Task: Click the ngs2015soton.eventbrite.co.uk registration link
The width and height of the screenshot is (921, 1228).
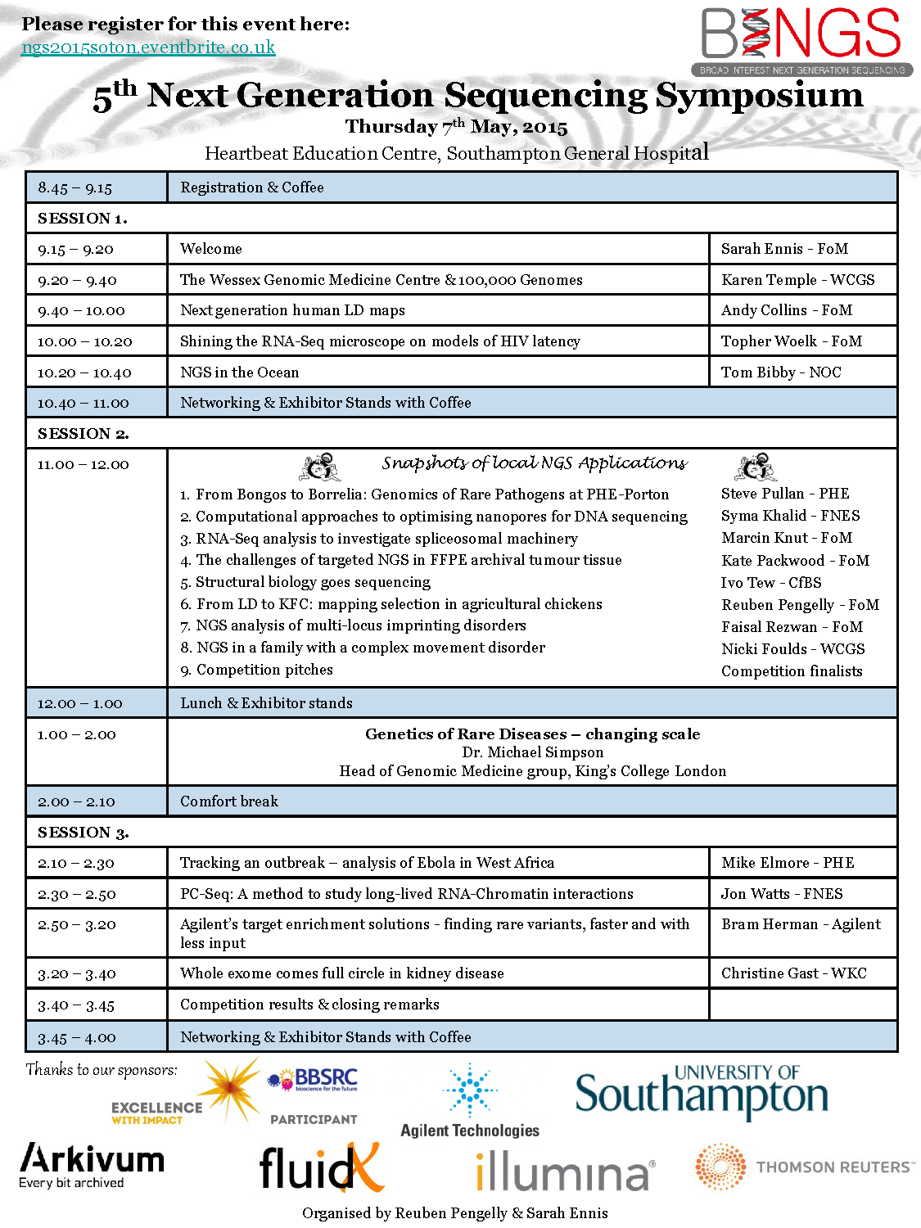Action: tap(148, 47)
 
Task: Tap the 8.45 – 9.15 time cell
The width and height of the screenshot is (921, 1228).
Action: tap(75, 187)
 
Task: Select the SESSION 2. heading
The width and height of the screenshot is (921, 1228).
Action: tap(83, 433)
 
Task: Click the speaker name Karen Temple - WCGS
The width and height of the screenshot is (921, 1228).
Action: tap(797, 280)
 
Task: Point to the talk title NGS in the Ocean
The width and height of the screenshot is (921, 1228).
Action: tap(240, 372)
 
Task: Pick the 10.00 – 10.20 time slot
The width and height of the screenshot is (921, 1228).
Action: tap(84, 341)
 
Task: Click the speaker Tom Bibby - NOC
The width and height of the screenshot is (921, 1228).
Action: tap(781, 372)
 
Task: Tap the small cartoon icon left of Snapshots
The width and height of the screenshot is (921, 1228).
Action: tap(320, 467)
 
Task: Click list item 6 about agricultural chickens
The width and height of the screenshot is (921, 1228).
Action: tap(391, 604)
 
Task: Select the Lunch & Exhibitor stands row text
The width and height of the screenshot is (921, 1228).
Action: tap(266, 703)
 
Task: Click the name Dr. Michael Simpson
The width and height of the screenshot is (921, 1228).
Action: tap(533, 752)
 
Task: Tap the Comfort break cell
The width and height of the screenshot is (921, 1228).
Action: tap(229, 801)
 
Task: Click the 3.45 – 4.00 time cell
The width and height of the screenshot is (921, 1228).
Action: tap(77, 1037)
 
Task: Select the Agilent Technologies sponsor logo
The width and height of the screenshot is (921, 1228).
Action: tap(470, 1101)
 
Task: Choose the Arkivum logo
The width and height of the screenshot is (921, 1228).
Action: tap(92, 1165)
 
